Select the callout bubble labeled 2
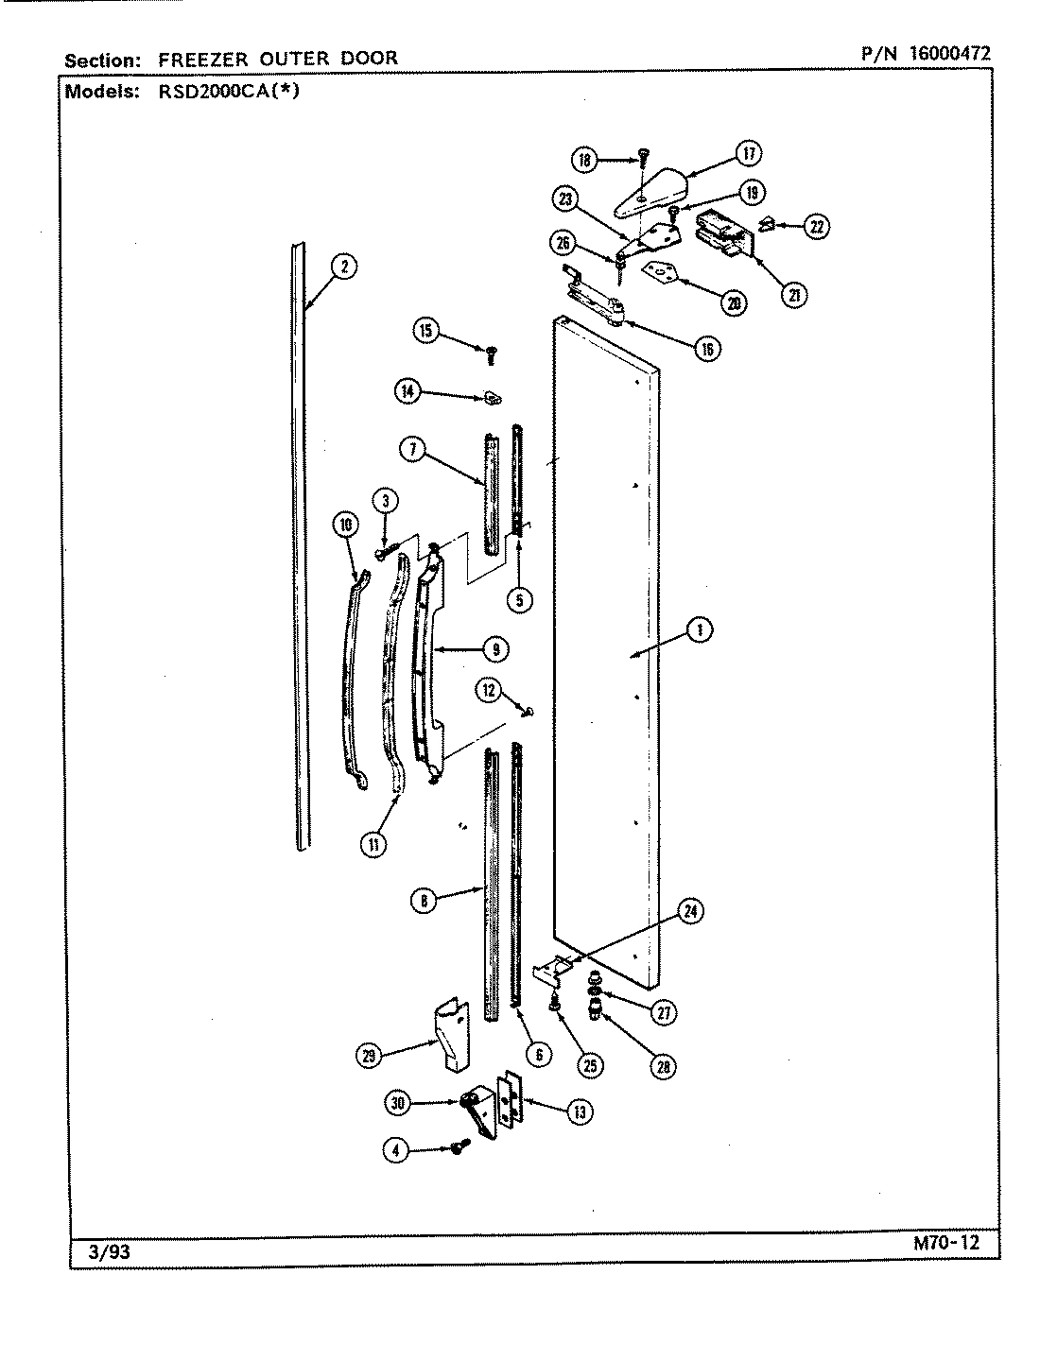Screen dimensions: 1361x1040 [x=344, y=267]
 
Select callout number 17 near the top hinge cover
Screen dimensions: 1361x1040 [x=748, y=153]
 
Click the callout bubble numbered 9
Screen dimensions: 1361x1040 [x=494, y=648]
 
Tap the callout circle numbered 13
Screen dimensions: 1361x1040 [x=579, y=1111]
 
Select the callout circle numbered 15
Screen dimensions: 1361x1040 [x=425, y=330]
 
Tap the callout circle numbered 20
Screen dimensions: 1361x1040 [x=734, y=302]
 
